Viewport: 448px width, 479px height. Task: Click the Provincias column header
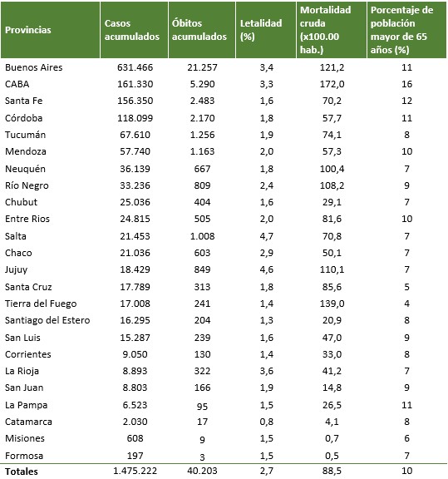[28, 30]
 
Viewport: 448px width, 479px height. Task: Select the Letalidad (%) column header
[261, 30]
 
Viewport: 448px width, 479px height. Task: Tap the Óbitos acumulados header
[199, 30]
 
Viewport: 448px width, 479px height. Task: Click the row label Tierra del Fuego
[41, 304]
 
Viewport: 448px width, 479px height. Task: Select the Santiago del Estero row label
[47, 320]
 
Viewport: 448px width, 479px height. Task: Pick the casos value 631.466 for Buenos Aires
[135, 67]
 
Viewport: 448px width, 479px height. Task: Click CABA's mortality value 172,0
[332, 84]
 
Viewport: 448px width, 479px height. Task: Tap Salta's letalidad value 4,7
[267, 236]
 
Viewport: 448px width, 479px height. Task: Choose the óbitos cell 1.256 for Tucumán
[203, 135]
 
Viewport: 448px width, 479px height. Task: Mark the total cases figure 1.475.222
[135, 471]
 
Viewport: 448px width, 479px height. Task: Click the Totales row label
[22, 472]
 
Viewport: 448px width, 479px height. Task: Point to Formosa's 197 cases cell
[135, 456]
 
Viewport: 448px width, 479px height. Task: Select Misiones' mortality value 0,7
[332, 438]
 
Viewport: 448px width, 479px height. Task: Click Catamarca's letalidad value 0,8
[267, 422]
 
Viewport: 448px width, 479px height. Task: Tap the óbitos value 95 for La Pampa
[203, 407]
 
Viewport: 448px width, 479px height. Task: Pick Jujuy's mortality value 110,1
[332, 269]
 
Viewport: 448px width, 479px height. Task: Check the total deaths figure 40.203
[203, 471]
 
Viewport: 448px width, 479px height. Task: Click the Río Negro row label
[27, 185]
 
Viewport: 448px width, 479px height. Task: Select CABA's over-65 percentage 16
[406, 84]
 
